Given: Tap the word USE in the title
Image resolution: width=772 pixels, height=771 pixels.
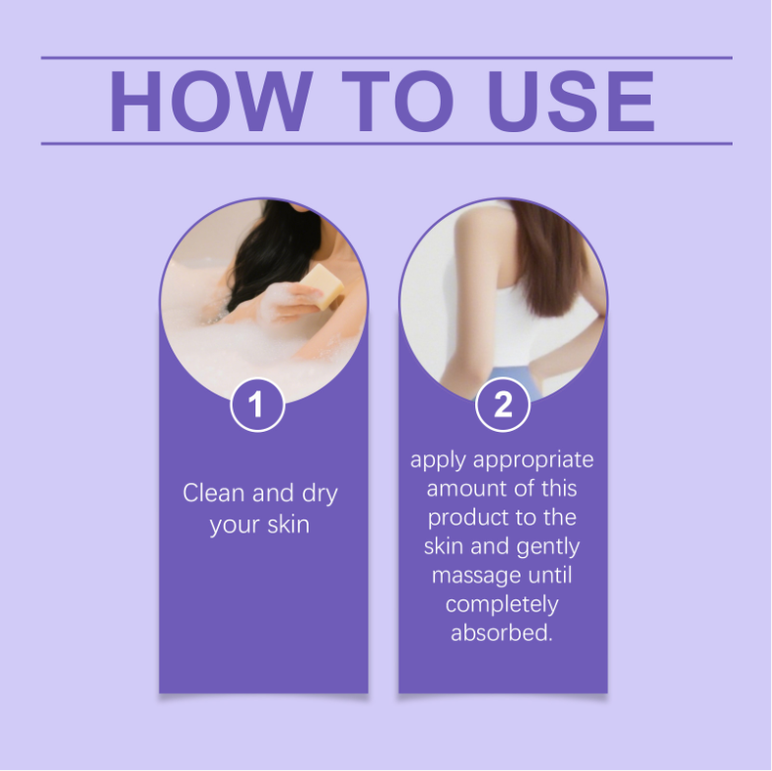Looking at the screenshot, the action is (571, 101).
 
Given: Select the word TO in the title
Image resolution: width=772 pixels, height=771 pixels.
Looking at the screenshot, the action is (397, 101).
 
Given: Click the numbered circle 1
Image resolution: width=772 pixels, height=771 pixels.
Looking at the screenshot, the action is (257, 404).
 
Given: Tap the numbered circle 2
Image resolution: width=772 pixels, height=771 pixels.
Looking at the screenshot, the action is (503, 404).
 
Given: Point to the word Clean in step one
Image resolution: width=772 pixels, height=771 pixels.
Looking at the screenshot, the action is (214, 492).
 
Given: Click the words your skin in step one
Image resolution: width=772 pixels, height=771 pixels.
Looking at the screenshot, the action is (259, 526).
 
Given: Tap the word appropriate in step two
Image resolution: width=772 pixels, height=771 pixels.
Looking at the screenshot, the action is (533, 460).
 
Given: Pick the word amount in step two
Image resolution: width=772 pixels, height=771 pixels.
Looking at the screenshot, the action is (460, 489).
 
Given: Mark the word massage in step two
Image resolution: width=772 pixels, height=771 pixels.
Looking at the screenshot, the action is (476, 577).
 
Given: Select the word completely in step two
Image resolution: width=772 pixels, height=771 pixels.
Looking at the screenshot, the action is (502, 605).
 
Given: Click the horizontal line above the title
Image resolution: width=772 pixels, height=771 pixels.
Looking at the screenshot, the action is (386, 57).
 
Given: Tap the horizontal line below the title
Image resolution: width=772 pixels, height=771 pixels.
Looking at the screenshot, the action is (386, 144).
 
